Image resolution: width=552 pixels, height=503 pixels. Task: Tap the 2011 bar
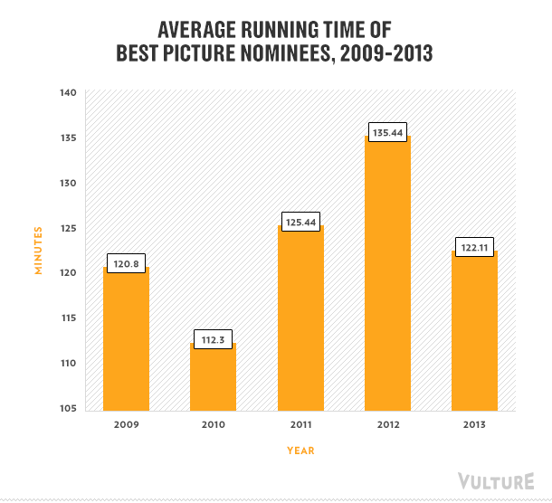(x=300, y=321)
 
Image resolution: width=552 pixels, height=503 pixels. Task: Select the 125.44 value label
(x=300, y=221)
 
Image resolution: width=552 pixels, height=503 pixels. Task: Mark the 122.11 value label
(x=475, y=246)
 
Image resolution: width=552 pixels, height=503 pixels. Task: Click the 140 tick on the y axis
(x=70, y=92)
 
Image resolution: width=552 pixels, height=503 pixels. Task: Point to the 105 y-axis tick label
(x=70, y=409)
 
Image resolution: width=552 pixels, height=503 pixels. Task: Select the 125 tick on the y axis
(x=70, y=228)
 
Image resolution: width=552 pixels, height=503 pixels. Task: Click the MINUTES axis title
(x=38, y=250)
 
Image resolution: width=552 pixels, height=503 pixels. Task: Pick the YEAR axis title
(x=300, y=450)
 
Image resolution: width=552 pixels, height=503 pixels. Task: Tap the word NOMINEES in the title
(x=272, y=53)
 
